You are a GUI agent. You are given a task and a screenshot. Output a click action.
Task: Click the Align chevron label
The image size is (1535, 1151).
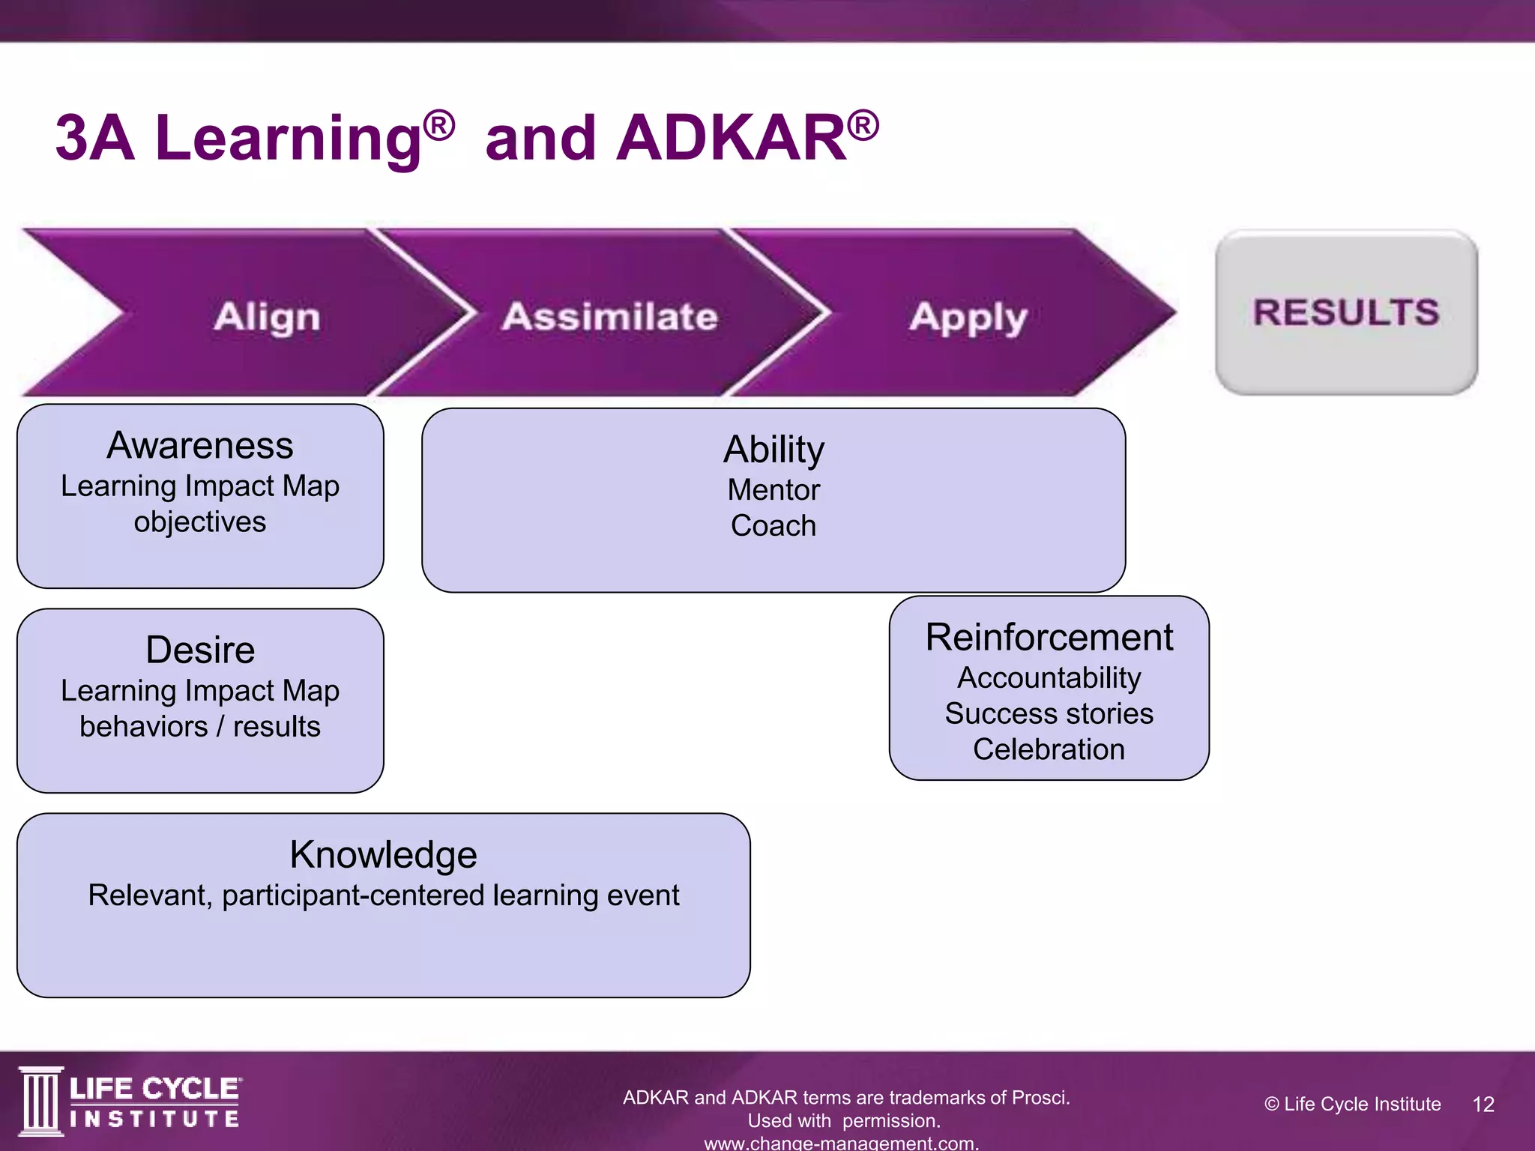pyautogui.click(x=267, y=316)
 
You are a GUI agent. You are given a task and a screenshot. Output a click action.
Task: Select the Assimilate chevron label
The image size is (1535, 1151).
pyautogui.click(x=610, y=316)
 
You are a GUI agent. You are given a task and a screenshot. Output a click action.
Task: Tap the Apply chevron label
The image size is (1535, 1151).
pyautogui.click(x=968, y=318)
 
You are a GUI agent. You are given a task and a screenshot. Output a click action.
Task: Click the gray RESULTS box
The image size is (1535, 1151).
pyautogui.click(x=1346, y=312)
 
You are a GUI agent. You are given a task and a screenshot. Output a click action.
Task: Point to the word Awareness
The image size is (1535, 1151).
pyautogui.click(x=200, y=446)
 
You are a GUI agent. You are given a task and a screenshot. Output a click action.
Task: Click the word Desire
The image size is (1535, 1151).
pyautogui.click(x=200, y=650)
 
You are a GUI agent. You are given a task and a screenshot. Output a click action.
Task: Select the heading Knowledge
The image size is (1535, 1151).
pyautogui.click(x=383, y=855)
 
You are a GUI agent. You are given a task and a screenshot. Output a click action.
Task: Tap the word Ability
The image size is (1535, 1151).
pyautogui.click(x=773, y=450)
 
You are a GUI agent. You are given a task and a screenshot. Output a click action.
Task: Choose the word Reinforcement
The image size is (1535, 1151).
pyautogui.click(x=1049, y=638)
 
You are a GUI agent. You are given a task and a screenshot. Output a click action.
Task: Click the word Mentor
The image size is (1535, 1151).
pyautogui.click(x=773, y=490)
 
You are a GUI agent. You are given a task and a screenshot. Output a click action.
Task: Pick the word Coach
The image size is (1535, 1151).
pyautogui.click(x=773, y=526)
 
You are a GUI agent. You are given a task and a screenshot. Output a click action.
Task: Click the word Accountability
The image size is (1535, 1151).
pyautogui.click(x=1049, y=678)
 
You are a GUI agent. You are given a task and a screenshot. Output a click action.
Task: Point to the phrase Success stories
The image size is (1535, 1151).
pyautogui.click(x=1049, y=714)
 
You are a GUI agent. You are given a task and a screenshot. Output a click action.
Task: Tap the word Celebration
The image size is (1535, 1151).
pyautogui.click(x=1049, y=750)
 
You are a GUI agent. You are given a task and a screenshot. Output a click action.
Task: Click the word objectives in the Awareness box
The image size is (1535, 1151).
pyautogui.click(x=200, y=522)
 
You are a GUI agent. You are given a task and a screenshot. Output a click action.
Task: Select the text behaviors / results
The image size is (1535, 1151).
pyautogui.click(x=200, y=727)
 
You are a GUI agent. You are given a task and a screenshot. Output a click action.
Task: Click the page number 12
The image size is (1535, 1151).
pyautogui.click(x=1483, y=1104)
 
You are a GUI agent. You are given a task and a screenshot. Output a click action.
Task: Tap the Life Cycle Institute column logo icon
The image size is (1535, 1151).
pyautogui.click(x=40, y=1101)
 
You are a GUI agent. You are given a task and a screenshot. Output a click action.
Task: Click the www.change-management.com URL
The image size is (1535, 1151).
pyautogui.click(x=841, y=1143)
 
